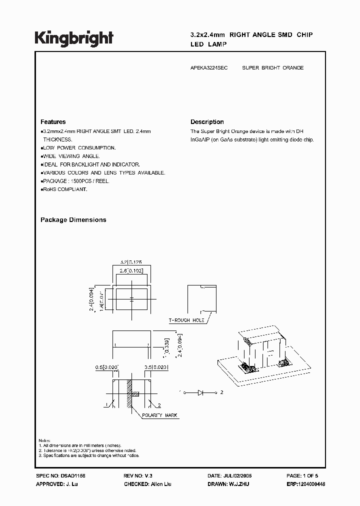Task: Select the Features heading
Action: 53,122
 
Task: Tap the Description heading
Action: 207,122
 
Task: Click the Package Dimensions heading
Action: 73,220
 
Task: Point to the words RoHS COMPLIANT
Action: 64,189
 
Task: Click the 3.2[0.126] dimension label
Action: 131,261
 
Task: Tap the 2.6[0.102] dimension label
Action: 131,271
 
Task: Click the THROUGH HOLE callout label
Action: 186,320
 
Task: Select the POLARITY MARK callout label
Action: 159,415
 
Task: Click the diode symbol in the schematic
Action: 201,392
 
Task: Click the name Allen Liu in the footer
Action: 161,485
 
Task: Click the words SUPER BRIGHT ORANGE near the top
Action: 272,67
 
